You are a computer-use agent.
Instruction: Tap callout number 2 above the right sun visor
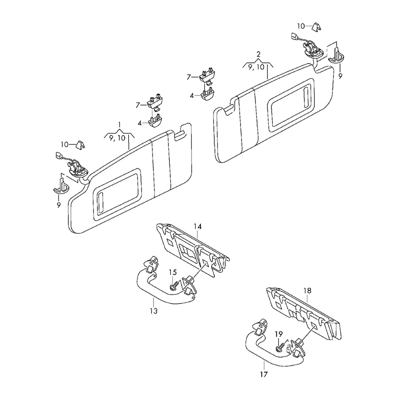[258, 53]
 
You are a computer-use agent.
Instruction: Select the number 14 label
[198, 227]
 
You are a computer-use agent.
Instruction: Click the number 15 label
[172, 272]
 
